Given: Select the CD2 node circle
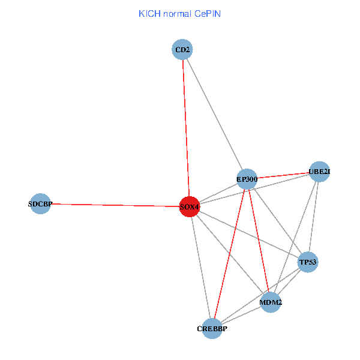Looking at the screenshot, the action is pos(182,50).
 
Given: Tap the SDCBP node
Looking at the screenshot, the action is pos(40,203).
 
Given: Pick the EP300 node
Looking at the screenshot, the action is pos(247,179).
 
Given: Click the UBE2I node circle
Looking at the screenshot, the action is pos(319,172).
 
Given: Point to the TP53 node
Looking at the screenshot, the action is pos(308,262).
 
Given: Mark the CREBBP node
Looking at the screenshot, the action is pos(212,328).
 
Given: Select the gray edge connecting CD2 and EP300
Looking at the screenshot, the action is pos(214,114).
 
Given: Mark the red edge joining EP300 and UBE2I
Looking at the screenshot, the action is pos(283,175).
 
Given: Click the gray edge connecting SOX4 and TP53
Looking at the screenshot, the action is pos(248,234).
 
